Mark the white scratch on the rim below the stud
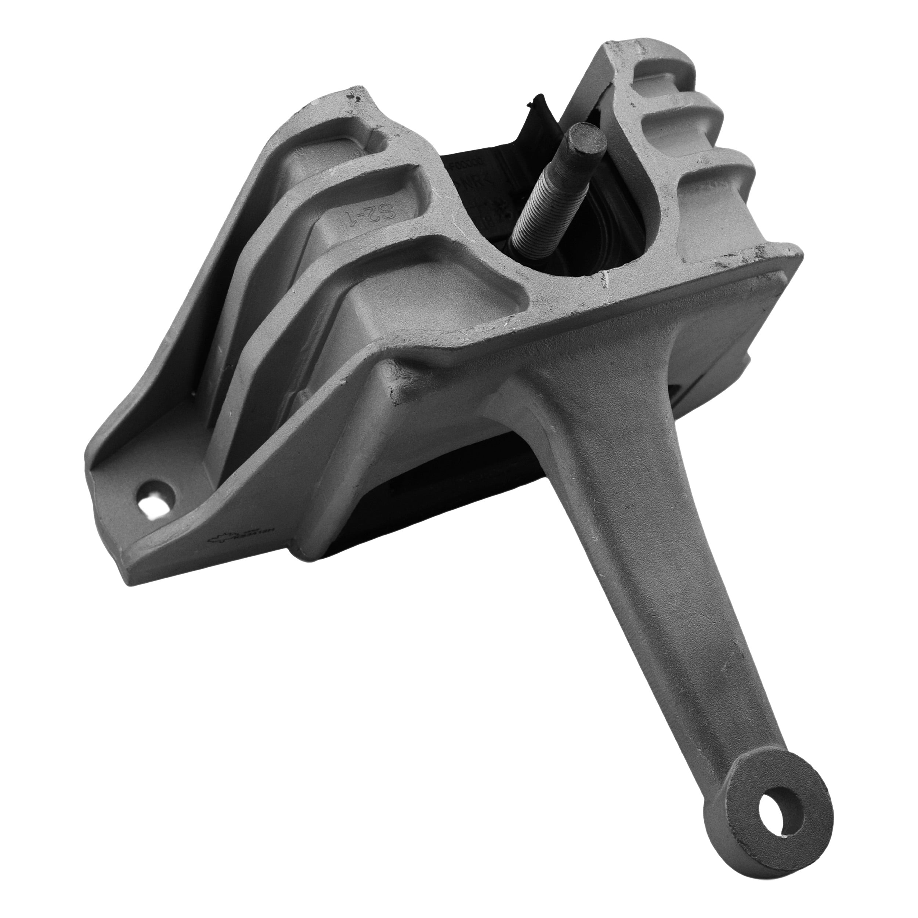pyautogui.click(x=606, y=280)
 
